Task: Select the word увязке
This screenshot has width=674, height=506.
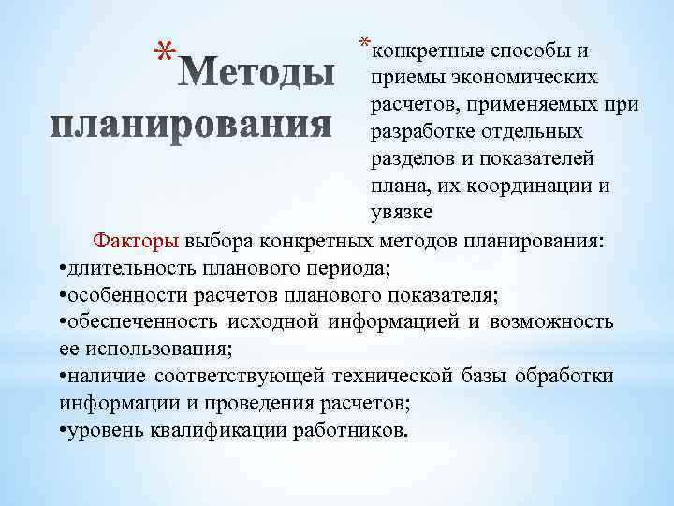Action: coord(403,212)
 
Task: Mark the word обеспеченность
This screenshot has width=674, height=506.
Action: coord(139,321)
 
